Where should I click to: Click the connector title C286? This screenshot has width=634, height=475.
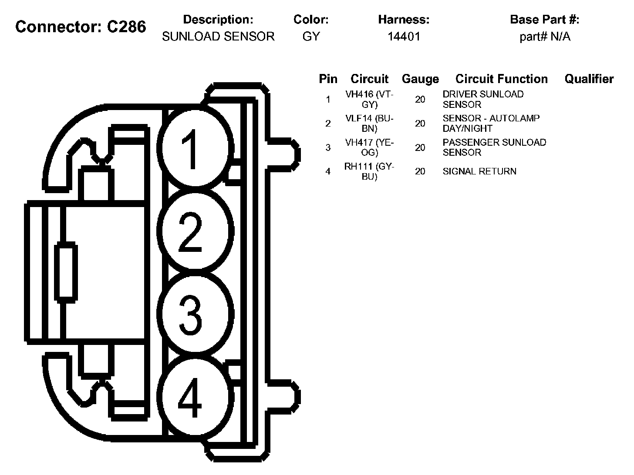(x=81, y=27)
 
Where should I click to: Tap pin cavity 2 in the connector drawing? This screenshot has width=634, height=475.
(x=192, y=231)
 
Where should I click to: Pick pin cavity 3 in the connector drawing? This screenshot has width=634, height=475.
(x=192, y=313)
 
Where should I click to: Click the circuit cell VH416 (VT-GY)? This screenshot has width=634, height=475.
(x=369, y=99)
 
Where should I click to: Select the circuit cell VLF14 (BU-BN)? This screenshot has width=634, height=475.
(x=369, y=123)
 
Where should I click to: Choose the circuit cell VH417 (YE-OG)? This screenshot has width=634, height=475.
(x=369, y=147)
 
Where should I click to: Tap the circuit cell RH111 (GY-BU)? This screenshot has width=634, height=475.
(x=369, y=171)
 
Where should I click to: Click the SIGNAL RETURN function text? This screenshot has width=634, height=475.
(x=479, y=171)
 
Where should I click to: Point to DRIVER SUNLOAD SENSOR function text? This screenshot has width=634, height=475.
(x=483, y=99)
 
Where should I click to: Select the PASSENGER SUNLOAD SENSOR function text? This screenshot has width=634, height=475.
(x=494, y=147)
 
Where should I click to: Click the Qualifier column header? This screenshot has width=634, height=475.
(x=589, y=79)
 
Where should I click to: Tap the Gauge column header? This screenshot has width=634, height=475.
(x=420, y=79)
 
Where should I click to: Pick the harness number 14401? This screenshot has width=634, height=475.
(x=404, y=37)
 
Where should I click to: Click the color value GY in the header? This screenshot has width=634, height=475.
(x=311, y=37)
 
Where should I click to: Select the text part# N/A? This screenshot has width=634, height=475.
(x=545, y=37)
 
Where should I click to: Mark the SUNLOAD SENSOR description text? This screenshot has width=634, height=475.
(x=218, y=37)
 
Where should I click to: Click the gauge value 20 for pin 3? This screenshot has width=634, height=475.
(x=420, y=147)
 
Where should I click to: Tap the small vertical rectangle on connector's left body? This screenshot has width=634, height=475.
(x=66, y=272)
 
